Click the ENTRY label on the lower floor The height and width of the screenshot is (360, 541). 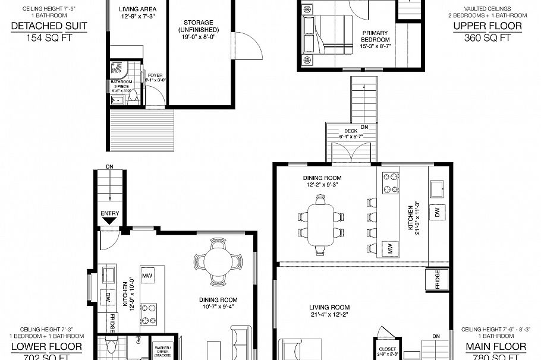110,214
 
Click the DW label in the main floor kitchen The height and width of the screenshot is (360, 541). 438,212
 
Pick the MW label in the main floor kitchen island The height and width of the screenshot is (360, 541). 391,249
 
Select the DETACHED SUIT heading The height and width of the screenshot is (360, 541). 49,26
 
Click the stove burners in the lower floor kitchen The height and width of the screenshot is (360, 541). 148,309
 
